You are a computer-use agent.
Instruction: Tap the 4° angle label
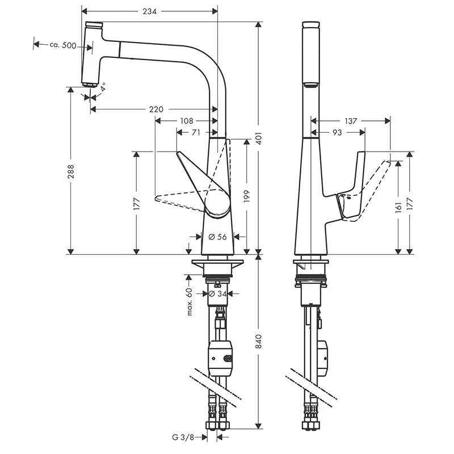(x=103, y=87)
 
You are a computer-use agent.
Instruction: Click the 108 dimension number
(x=187, y=121)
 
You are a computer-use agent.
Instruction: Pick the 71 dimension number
(x=195, y=132)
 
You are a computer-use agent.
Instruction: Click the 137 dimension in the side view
(x=350, y=121)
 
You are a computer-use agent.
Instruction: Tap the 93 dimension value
(x=337, y=132)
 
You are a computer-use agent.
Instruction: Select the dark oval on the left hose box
(x=228, y=359)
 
